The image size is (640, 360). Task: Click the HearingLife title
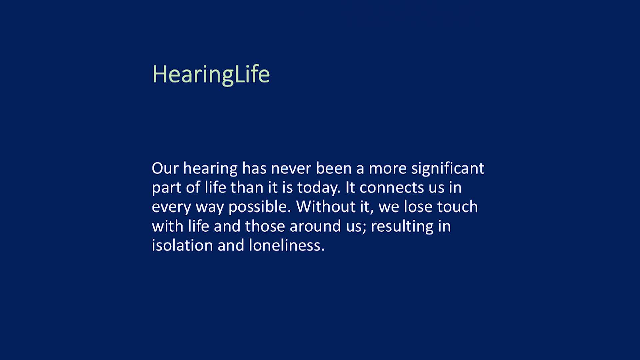(x=211, y=74)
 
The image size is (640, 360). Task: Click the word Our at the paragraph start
(x=165, y=168)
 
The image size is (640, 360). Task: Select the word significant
(x=447, y=168)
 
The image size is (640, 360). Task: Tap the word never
(x=291, y=168)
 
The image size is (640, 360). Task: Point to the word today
(x=318, y=188)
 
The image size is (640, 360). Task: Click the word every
(x=171, y=207)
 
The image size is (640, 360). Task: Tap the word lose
(x=418, y=207)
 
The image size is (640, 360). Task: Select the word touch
(x=457, y=207)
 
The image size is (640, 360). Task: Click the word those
(x=265, y=226)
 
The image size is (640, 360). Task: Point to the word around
(x=315, y=226)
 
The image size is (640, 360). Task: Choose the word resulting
(x=402, y=226)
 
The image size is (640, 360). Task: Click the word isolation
(x=182, y=246)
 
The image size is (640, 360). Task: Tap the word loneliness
(x=286, y=246)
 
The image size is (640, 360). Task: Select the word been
(x=334, y=168)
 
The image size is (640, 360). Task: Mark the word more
(x=388, y=168)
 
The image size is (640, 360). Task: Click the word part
(x=166, y=188)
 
